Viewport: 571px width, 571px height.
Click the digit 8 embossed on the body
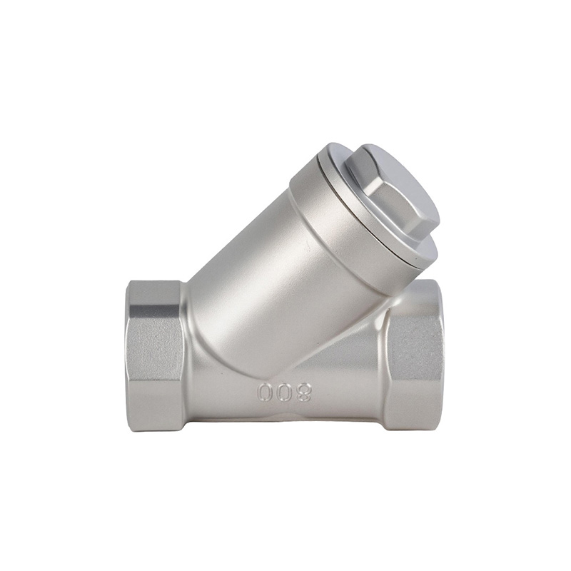[303, 391]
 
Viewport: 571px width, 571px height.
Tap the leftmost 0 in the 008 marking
[264, 392]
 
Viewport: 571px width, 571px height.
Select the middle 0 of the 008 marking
[283, 392]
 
